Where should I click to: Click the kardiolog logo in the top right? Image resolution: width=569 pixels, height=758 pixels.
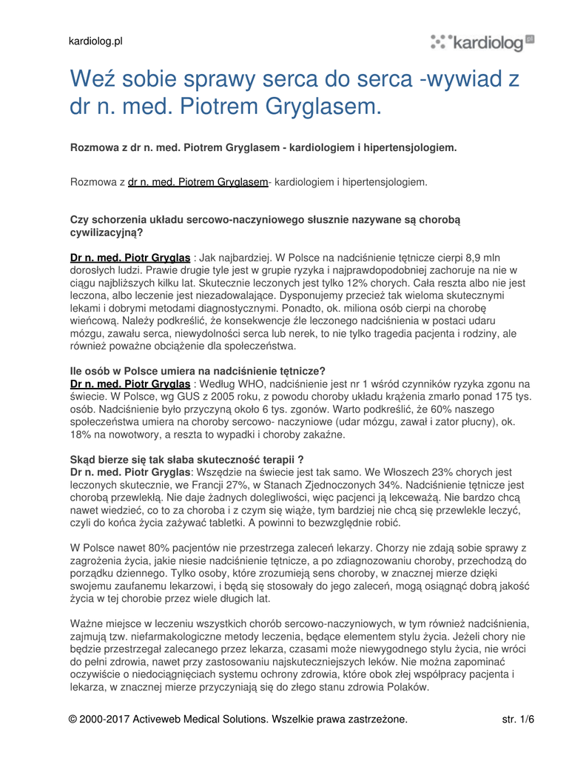point(482,42)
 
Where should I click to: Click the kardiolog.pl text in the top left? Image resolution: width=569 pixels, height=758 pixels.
point(95,41)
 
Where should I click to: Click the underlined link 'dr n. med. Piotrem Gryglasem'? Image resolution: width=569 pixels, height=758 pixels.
point(198,181)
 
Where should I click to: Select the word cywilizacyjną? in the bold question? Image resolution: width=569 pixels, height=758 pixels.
point(106,231)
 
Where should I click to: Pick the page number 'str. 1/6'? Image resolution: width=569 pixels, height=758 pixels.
point(518,719)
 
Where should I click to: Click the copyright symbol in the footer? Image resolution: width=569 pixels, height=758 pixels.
point(73,719)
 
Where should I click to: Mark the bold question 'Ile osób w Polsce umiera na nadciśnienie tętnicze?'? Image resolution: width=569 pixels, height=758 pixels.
point(198,371)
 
